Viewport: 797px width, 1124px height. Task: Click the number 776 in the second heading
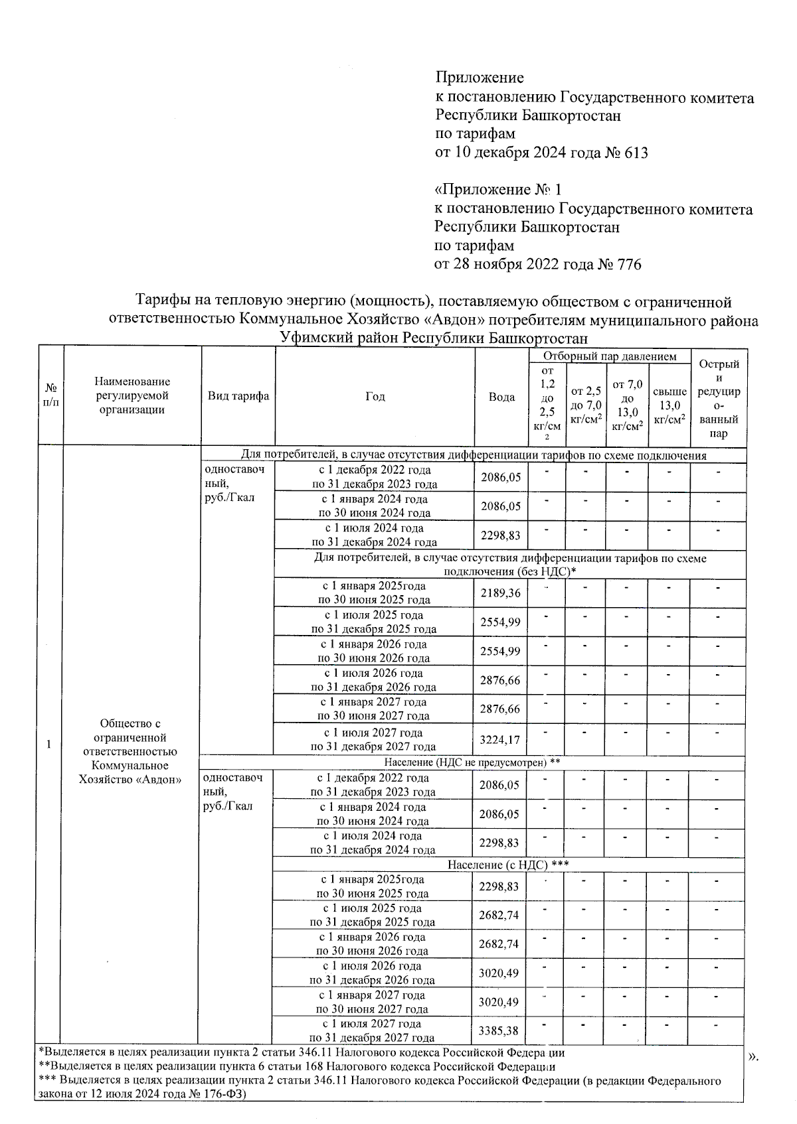pyautogui.click(x=629, y=265)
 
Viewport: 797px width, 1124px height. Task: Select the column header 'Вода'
pyautogui.click(x=501, y=397)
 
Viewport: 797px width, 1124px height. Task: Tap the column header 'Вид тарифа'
pyautogui.click(x=238, y=396)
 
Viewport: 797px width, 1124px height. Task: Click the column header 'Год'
pyautogui.click(x=375, y=397)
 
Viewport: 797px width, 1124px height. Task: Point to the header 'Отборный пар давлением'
pyautogui.click(x=610, y=357)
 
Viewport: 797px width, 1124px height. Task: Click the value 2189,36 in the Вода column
pyautogui.click(x=501, y=593)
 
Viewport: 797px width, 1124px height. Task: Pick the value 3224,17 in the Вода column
pyautogui.click(x=501, y=738)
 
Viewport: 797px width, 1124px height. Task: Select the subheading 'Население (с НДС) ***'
pyautogui.click(x=508, y=865)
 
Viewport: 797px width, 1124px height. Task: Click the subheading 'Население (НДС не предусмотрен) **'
pyautogui.click(x=472, y=763)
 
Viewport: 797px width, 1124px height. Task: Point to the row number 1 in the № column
pyautogui.click(x=49, y=744)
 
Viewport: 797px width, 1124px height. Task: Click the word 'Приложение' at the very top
pyautogui.click(x=480, y=78)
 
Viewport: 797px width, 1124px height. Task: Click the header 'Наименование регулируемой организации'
pyautogui.click(x=132, y=395)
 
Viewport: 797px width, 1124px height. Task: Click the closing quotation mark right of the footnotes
pyautogui.click(x=753, y=1056)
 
